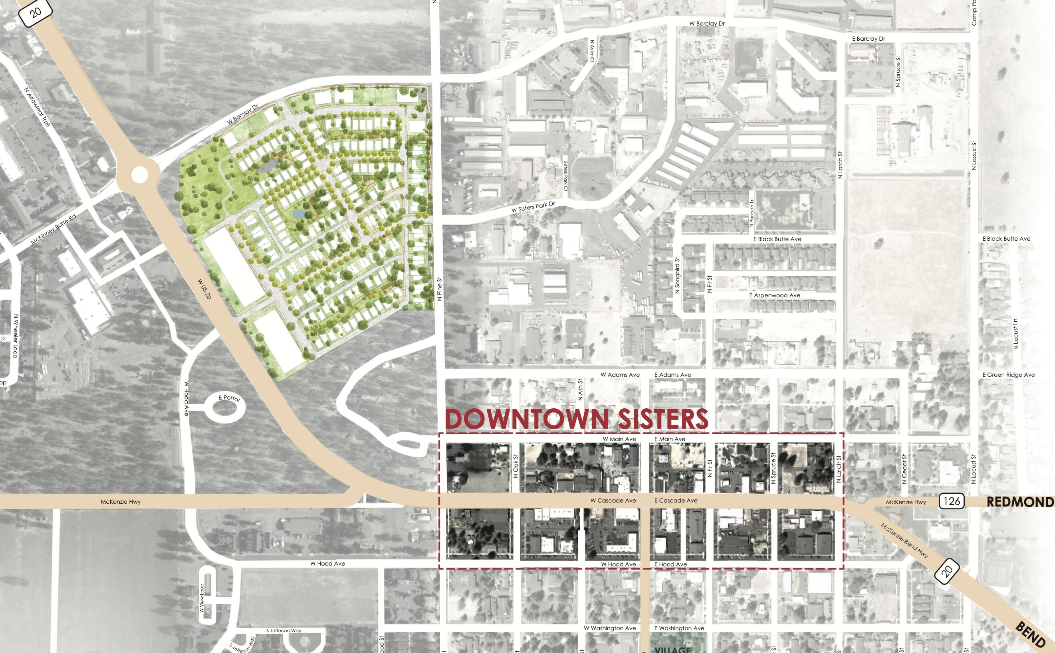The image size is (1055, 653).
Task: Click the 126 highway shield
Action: click(952, 501)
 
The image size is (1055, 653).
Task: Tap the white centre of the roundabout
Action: click(139, 174)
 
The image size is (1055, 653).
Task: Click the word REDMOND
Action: click(1020, 502)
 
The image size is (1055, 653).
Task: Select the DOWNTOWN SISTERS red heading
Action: click(576, 419)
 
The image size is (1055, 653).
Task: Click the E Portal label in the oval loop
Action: click(229, 398)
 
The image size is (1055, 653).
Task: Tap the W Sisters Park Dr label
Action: click(533, 207)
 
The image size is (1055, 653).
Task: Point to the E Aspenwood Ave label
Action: click(775, 295)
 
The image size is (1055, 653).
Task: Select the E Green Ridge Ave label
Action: click(1008, 375)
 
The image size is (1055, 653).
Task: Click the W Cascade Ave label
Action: click(613, 501)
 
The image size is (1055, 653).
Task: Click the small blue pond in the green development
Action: click(297, 214)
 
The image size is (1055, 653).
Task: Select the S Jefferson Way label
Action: click(284, 631)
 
